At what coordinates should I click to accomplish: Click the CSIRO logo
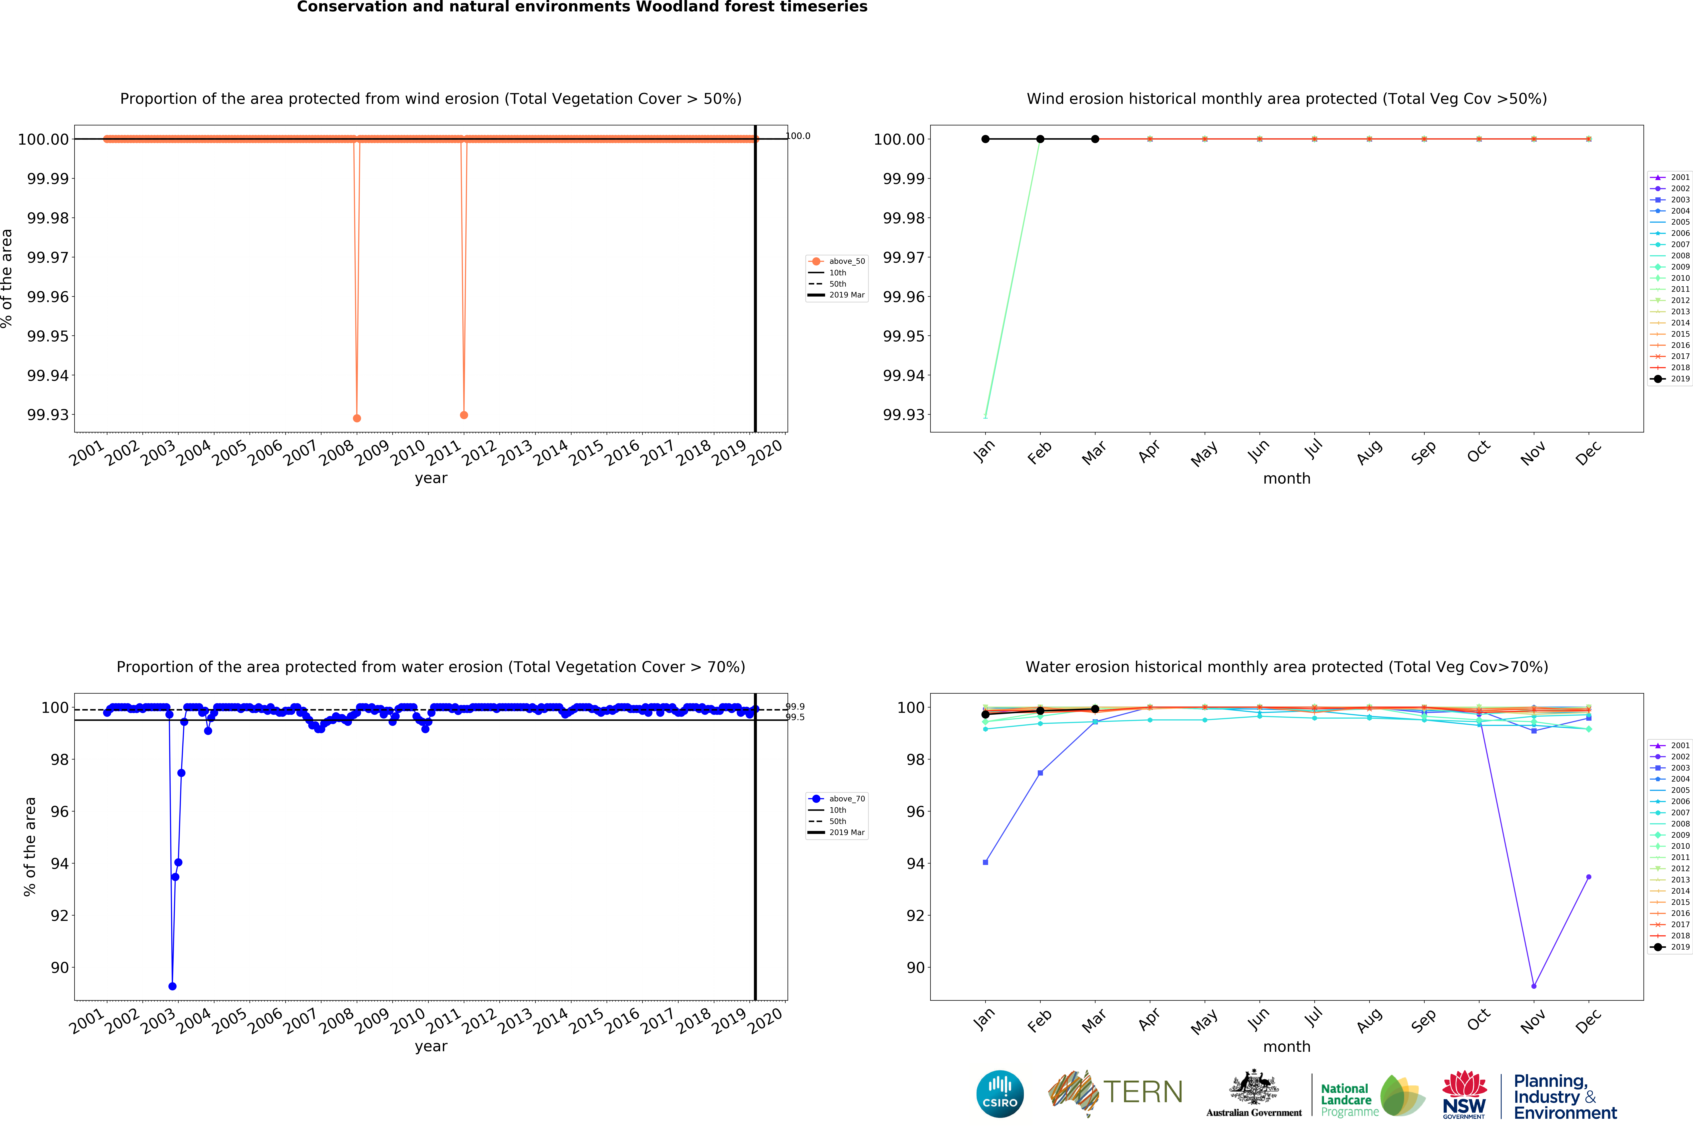coord(1000,1094)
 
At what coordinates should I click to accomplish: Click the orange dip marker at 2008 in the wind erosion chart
coord(357,418)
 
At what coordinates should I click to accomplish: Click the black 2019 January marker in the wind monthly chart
coord(985,139)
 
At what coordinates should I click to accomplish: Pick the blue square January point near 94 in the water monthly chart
coord(985,862)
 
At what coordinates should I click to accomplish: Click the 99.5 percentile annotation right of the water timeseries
coord(795,717)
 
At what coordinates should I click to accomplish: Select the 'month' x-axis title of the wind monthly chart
coord(1287,478)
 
